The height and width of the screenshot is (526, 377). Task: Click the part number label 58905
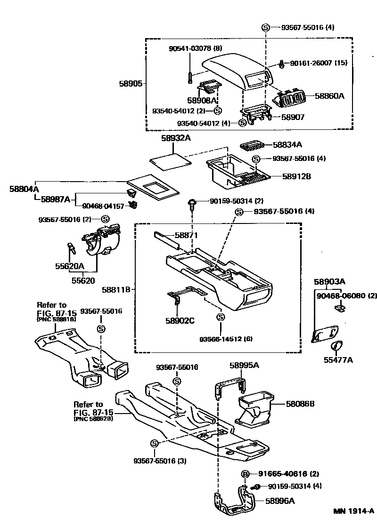pos(130,83)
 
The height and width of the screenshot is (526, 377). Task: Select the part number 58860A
pos(329,96)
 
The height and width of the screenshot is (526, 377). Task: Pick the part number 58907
pos(293,117)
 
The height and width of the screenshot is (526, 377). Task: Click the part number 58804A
pos(24,189)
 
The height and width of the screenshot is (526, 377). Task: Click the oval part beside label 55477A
pos(336,346)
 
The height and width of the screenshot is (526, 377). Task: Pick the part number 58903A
pos(330,281)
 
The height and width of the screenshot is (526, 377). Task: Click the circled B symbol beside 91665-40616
pos(245,474)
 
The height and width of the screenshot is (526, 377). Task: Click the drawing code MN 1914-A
pos(354,511)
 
